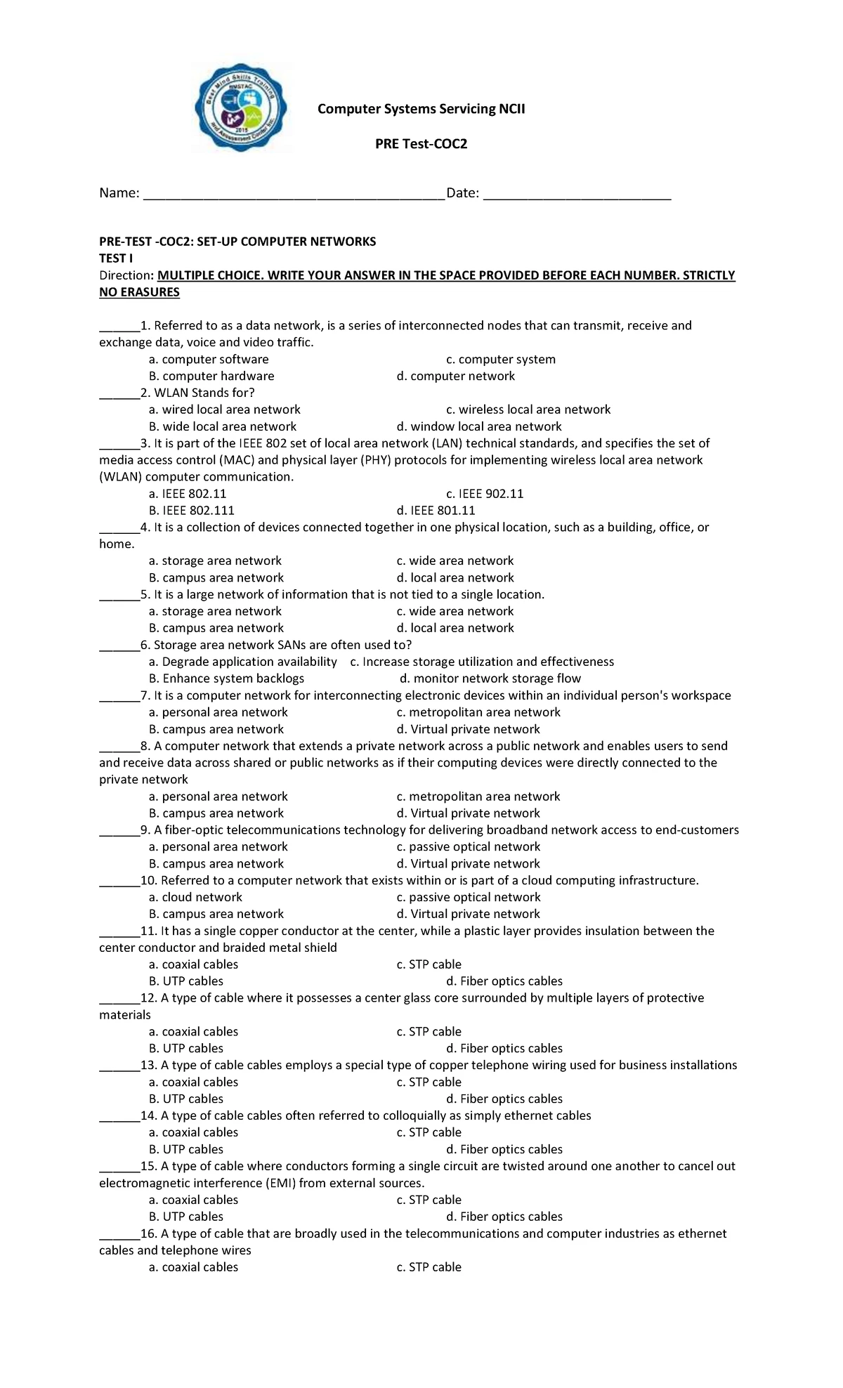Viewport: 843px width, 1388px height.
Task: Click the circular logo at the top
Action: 241,107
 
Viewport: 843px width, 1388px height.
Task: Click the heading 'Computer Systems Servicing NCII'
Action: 421,109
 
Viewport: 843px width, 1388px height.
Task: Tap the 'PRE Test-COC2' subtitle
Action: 421,144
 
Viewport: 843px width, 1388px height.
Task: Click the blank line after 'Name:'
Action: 294,194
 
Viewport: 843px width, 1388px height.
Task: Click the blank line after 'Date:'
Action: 577,194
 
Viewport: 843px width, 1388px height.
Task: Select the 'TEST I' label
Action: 116,258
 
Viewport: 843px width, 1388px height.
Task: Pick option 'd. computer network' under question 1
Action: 455,377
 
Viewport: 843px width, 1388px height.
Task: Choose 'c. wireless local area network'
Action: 528,410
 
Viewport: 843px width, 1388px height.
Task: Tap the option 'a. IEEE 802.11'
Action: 188,494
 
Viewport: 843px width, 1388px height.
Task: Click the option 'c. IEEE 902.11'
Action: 485,494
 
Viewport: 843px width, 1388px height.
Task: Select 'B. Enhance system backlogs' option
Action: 226,679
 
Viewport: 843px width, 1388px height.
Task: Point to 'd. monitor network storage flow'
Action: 490,679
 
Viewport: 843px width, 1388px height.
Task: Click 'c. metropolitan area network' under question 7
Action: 478,712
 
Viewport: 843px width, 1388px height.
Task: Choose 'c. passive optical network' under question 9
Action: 469,847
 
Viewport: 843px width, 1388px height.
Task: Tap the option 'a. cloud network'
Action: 195,898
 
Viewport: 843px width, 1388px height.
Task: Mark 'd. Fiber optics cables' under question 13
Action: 504,1099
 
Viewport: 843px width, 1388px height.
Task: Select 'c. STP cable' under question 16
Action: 429,1267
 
